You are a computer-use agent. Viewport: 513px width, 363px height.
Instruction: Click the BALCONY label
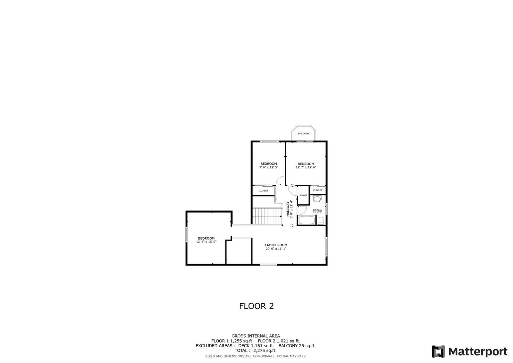[x=303, y=133]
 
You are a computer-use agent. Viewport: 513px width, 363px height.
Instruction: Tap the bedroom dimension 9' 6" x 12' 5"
[x=268, y=167]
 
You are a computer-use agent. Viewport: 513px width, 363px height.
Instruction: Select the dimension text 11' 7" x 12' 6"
[x=306, y=167]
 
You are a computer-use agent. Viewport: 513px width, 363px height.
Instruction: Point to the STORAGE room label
[x=303, y=195]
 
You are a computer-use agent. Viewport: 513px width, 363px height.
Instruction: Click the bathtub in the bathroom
[x=306, y=221]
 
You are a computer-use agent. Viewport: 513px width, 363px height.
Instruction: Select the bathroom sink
[x=317, y=199]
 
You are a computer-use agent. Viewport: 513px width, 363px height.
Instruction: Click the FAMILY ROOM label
[x=276, y=245]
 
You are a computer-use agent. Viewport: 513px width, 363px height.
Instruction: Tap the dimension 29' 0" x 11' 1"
[x=276, y=249]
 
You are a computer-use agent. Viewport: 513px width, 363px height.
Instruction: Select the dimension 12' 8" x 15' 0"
[x=206, y=242]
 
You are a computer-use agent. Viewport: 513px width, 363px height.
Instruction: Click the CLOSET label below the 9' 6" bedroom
[x=263, y=190]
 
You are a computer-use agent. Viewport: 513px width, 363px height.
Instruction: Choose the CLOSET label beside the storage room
[x=317, y=190]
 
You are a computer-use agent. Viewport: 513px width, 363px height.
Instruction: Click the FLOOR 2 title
[x=256, y=306]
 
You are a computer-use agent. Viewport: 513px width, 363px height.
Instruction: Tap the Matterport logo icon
[x=438, y=351]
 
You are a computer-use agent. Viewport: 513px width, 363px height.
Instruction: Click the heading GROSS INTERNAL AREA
[x=256, y=336]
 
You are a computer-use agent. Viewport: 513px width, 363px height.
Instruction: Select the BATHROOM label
[x=317, y=210]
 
